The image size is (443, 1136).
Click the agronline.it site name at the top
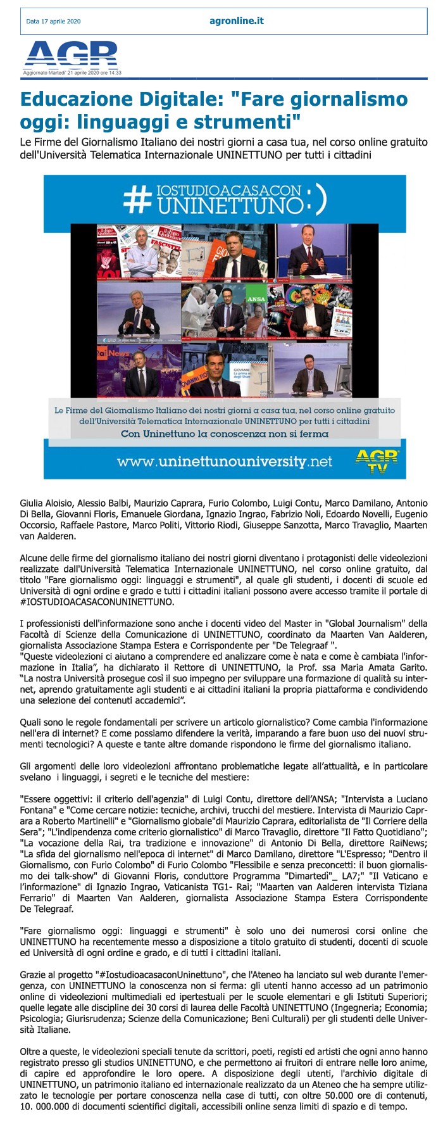point(237,21)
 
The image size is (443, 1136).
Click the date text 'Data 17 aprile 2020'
point(53,22)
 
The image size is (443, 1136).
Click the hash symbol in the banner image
point(135,199)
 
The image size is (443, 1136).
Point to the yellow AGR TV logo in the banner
point(377,460)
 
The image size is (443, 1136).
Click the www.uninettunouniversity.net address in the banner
point(224,462)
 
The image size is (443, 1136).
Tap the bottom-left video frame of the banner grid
point(137,370)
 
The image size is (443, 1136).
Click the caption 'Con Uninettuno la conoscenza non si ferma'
point(225,434)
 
